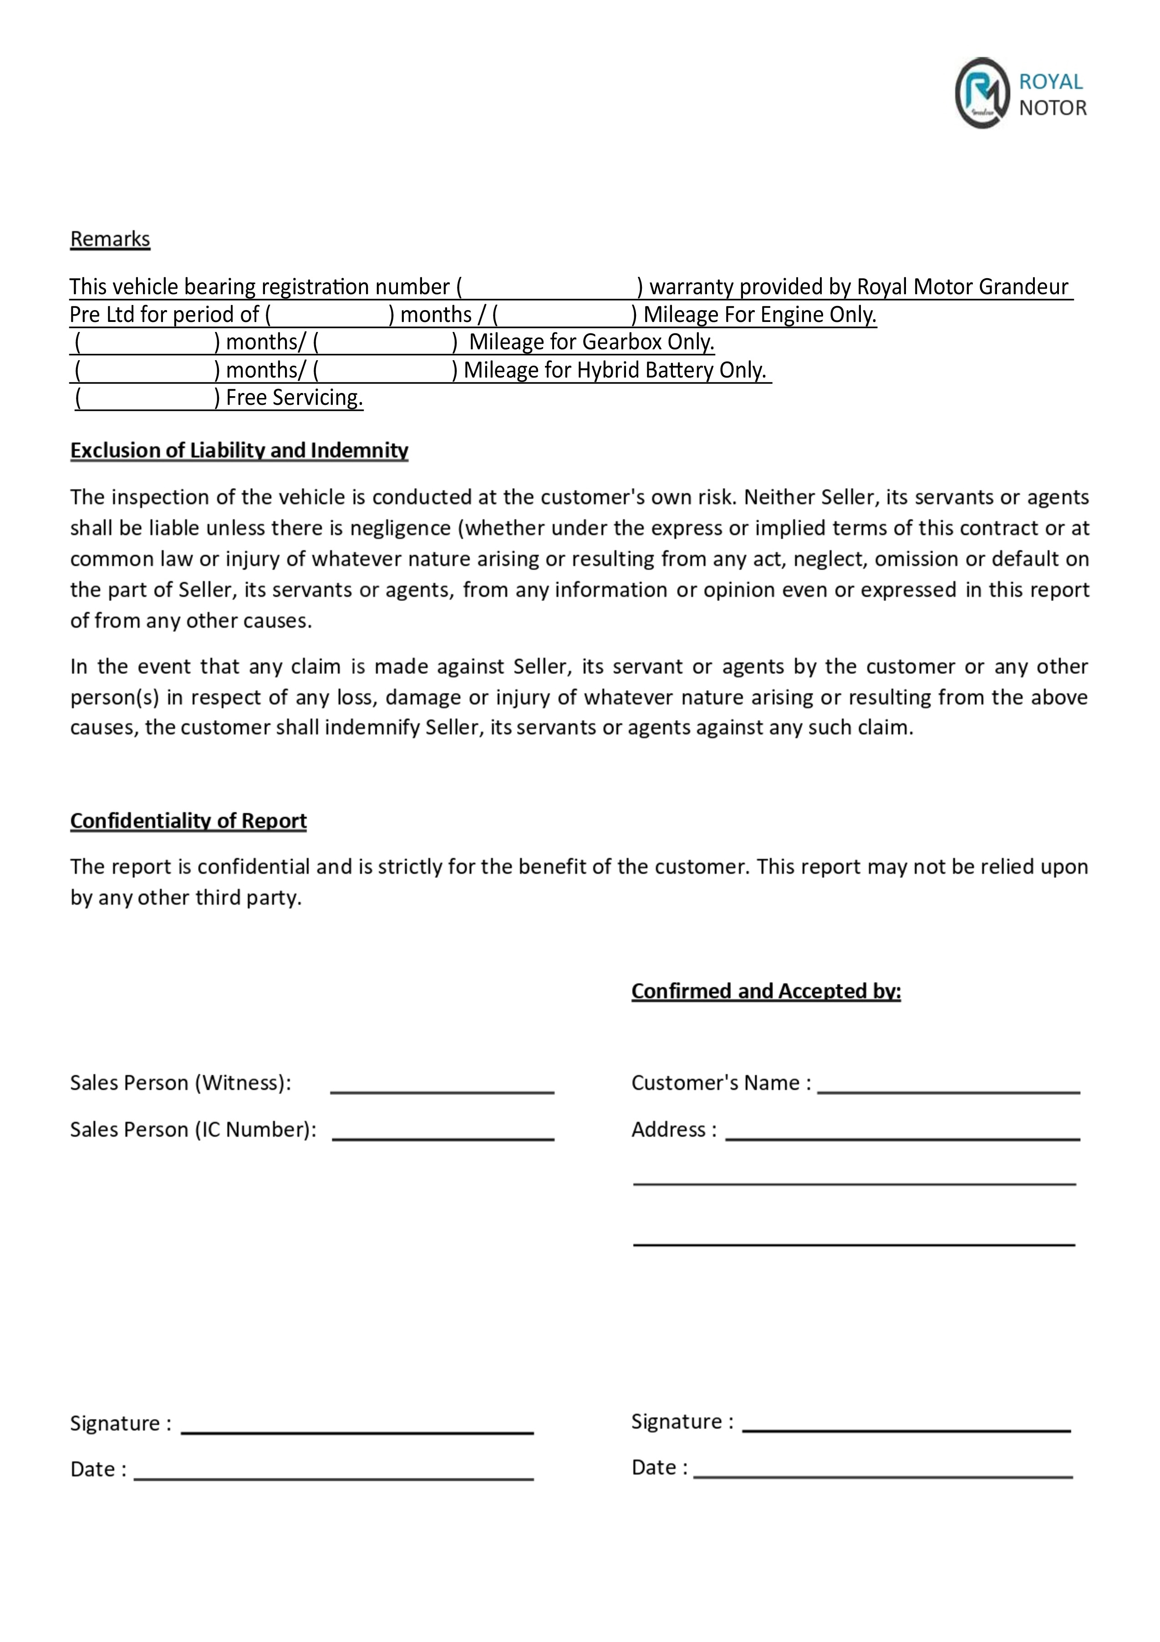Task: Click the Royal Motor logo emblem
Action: point(982,93)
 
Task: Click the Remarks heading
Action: point(110,239)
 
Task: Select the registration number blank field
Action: point(549,287)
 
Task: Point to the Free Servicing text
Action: point(294,398)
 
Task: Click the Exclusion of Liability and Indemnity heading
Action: point(239,450)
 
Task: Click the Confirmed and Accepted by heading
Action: point(766,991)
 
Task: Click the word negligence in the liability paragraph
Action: point(401,529)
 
